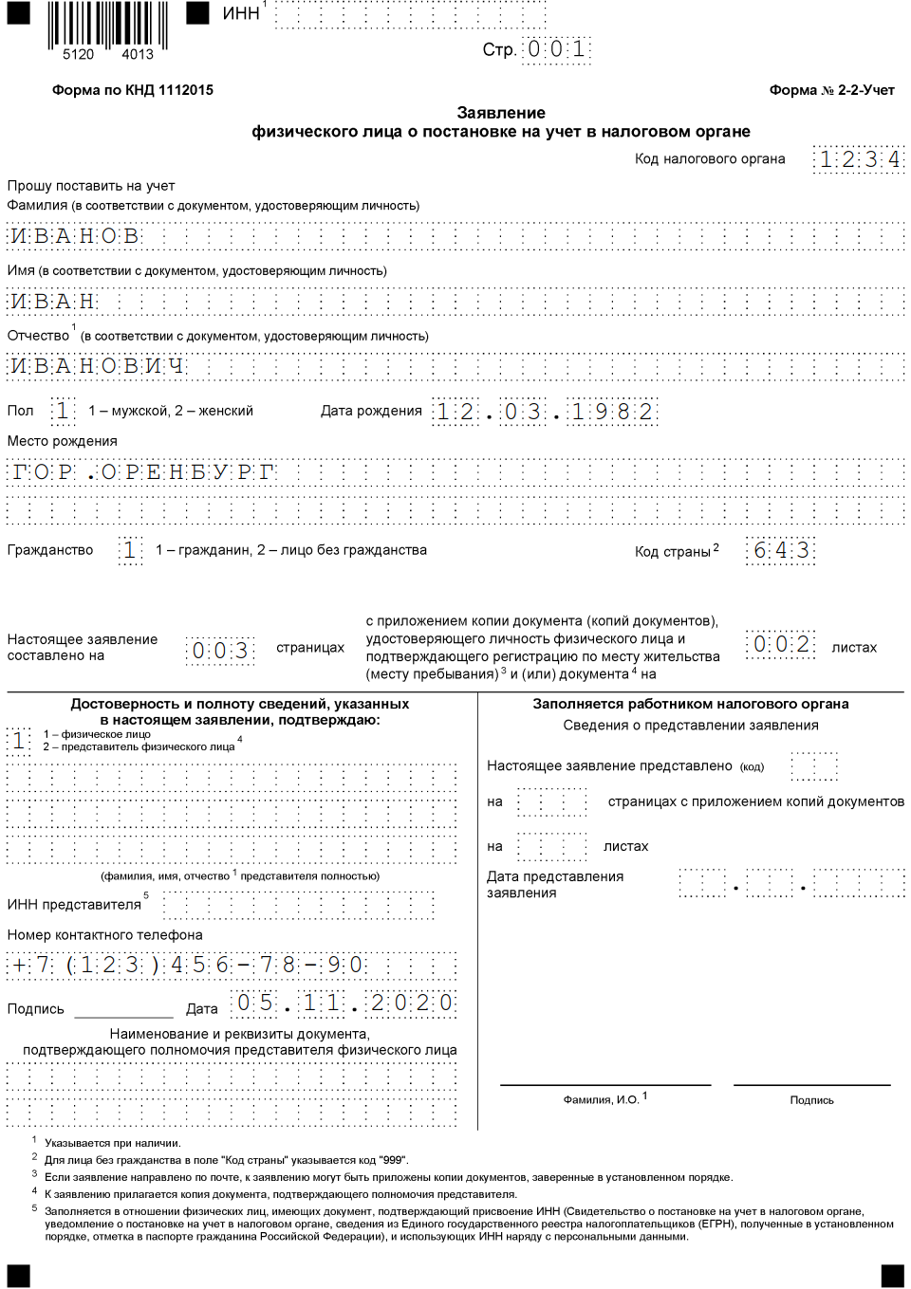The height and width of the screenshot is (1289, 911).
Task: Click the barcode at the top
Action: pyautogui.click(x=107, y=26)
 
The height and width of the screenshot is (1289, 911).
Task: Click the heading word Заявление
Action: pyautogui.click(x=501, y=113)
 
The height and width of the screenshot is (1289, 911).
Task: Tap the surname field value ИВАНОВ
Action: pyautogui.click(x=75, y=236)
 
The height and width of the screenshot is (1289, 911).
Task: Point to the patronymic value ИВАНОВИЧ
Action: pyautogui.click(x=97, y=366)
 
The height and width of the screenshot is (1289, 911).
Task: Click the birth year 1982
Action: pyautogui.click(x=612, y=412)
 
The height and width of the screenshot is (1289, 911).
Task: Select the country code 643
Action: pyautogui.click(x=781, y=550)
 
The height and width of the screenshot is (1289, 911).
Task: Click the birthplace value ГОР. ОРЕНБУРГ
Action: pyautogui.click(x=142, y=471)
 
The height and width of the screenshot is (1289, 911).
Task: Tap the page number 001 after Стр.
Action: pyautogui.click(x=556, y=49)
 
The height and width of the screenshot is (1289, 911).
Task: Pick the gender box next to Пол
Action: pyautogui.click(x=63, y=411)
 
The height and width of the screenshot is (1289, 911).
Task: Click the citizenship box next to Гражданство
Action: pyautogui.click(x=130, y=550)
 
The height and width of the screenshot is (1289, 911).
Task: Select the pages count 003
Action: pyautogui.click(x=220, y=650)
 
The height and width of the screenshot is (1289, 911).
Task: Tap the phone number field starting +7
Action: pyautogui.click(x=187, y=966)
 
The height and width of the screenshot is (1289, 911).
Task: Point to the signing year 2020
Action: pyautogui.click(x=412, y=1004)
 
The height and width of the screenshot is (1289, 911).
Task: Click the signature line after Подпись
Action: pyautogui.click(x=123, y=1011)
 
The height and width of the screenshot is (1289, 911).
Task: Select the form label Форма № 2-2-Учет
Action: pyautogui.click(x=831, y=90)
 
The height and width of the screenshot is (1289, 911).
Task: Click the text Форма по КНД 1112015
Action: pyautogui.click(x=133, y=90)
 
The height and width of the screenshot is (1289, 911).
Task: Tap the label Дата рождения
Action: pyautogui.click(x=371, y=411)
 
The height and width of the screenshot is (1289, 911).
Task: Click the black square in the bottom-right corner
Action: pyautogui.click(x=892, y=1276)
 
